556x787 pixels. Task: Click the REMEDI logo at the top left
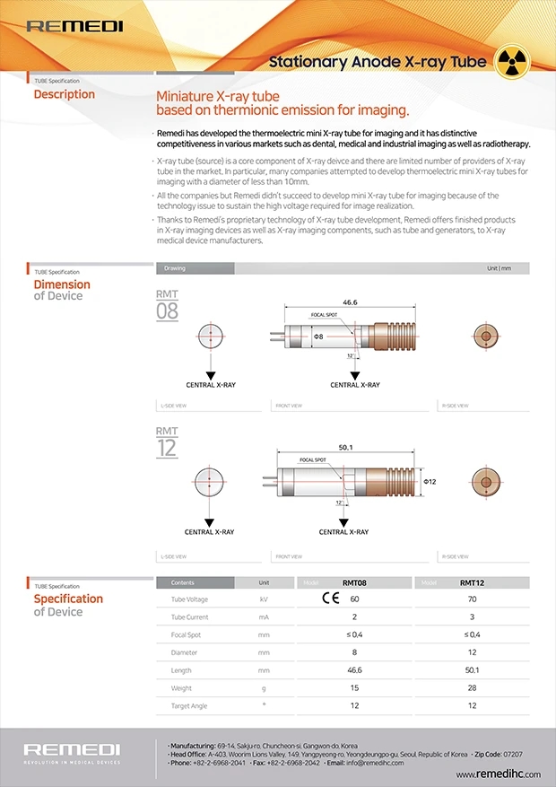74,26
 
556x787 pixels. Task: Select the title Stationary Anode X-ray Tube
378,62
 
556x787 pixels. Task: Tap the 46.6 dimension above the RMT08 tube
350,303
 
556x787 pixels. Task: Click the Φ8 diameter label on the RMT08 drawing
318,336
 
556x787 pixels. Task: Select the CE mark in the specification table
331,599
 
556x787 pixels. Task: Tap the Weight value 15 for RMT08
354,688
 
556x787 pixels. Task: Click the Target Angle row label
189,706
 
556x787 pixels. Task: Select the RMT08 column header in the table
354,582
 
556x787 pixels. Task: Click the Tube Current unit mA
264,616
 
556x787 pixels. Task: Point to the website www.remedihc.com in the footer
498,774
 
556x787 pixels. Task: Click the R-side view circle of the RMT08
487,337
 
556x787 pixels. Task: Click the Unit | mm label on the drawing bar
499,268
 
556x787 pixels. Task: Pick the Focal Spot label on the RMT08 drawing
323,316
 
